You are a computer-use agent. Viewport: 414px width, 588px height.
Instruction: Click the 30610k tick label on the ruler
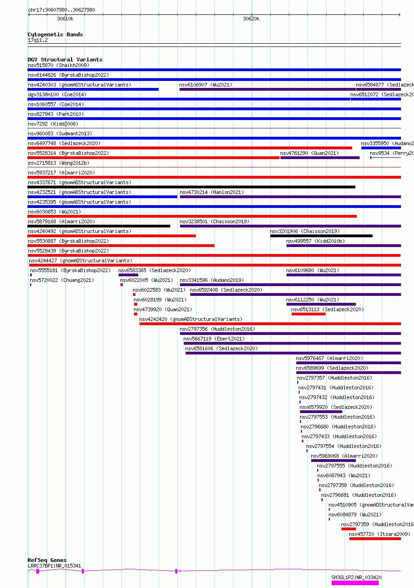click(65, 19)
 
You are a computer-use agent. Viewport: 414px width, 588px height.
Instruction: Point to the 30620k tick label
click(251, 19)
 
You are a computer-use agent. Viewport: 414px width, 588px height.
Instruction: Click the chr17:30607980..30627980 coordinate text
click(61, 10)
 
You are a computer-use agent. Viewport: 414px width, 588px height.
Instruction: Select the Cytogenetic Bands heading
click(55, 34)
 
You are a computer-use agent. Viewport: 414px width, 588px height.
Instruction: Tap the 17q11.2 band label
click(38, 40)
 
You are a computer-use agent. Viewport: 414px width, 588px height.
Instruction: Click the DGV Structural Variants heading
click(65, 60)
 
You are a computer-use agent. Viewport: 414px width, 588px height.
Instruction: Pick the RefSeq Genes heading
click(47, 560)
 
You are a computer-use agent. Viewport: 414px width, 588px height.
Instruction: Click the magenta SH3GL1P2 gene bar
click(355, 583)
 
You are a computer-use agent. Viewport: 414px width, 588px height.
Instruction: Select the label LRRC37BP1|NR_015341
click(54, 566)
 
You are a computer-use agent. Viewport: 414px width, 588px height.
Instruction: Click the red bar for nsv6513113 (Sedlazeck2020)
click(308, 314)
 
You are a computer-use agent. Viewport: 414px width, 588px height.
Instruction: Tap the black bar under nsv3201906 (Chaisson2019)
click(321, 236)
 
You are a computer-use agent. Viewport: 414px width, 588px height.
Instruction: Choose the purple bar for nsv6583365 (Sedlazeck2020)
click(128, 275)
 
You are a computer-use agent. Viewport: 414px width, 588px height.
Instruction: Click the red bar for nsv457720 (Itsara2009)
click(375, 539)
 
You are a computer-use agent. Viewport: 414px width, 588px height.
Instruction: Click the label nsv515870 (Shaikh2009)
click(59, 65)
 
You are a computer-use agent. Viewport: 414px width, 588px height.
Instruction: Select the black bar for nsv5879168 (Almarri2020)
click(99, 226)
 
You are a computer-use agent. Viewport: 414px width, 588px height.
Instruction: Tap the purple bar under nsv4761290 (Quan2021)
click(320, 158)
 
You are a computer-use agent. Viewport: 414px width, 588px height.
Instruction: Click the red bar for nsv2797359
click(348, 529)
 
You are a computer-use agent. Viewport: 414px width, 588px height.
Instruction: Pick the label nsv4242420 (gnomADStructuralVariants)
click(191, 319)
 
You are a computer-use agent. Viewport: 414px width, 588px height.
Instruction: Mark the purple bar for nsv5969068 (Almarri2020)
click(334, 461)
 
